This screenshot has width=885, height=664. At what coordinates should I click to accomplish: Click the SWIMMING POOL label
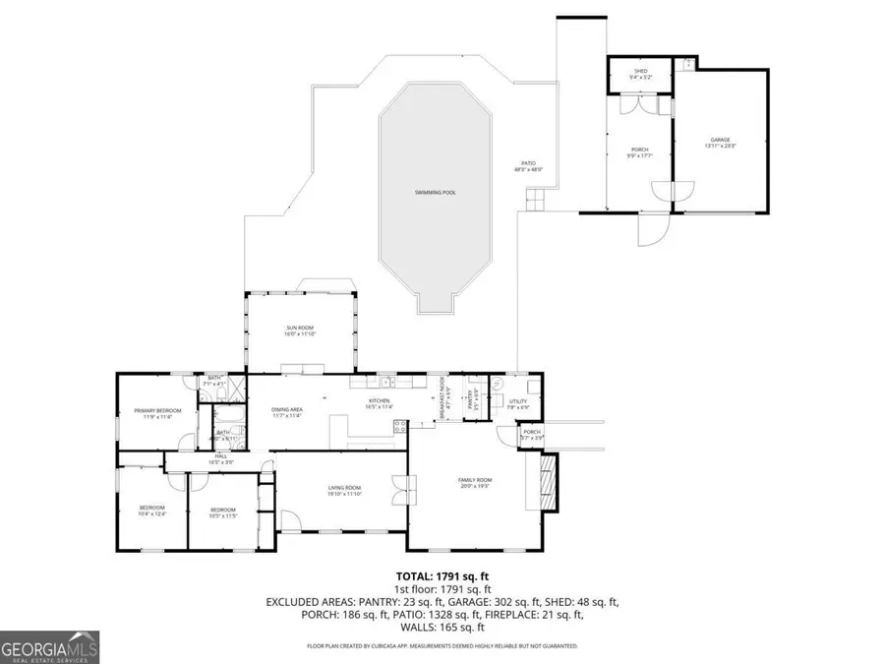[x=435, y=192]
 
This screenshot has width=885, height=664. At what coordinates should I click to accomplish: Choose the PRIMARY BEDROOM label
[x=158, y=413]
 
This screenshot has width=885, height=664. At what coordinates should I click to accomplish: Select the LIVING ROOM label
[x=344, y=491]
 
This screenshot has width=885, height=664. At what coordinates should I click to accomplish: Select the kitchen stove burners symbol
[x=400, y=426]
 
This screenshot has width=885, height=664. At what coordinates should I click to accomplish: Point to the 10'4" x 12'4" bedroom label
[x=151, y=511]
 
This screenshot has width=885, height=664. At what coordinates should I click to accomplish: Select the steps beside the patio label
[x=534, y=202]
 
